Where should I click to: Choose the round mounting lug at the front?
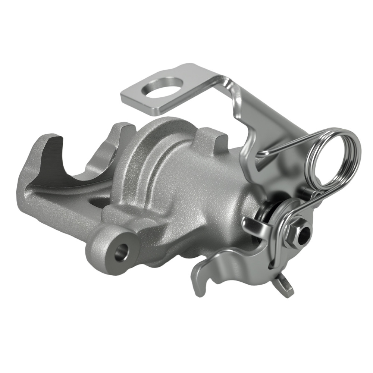pyautogui.click(x=112, y=250)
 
